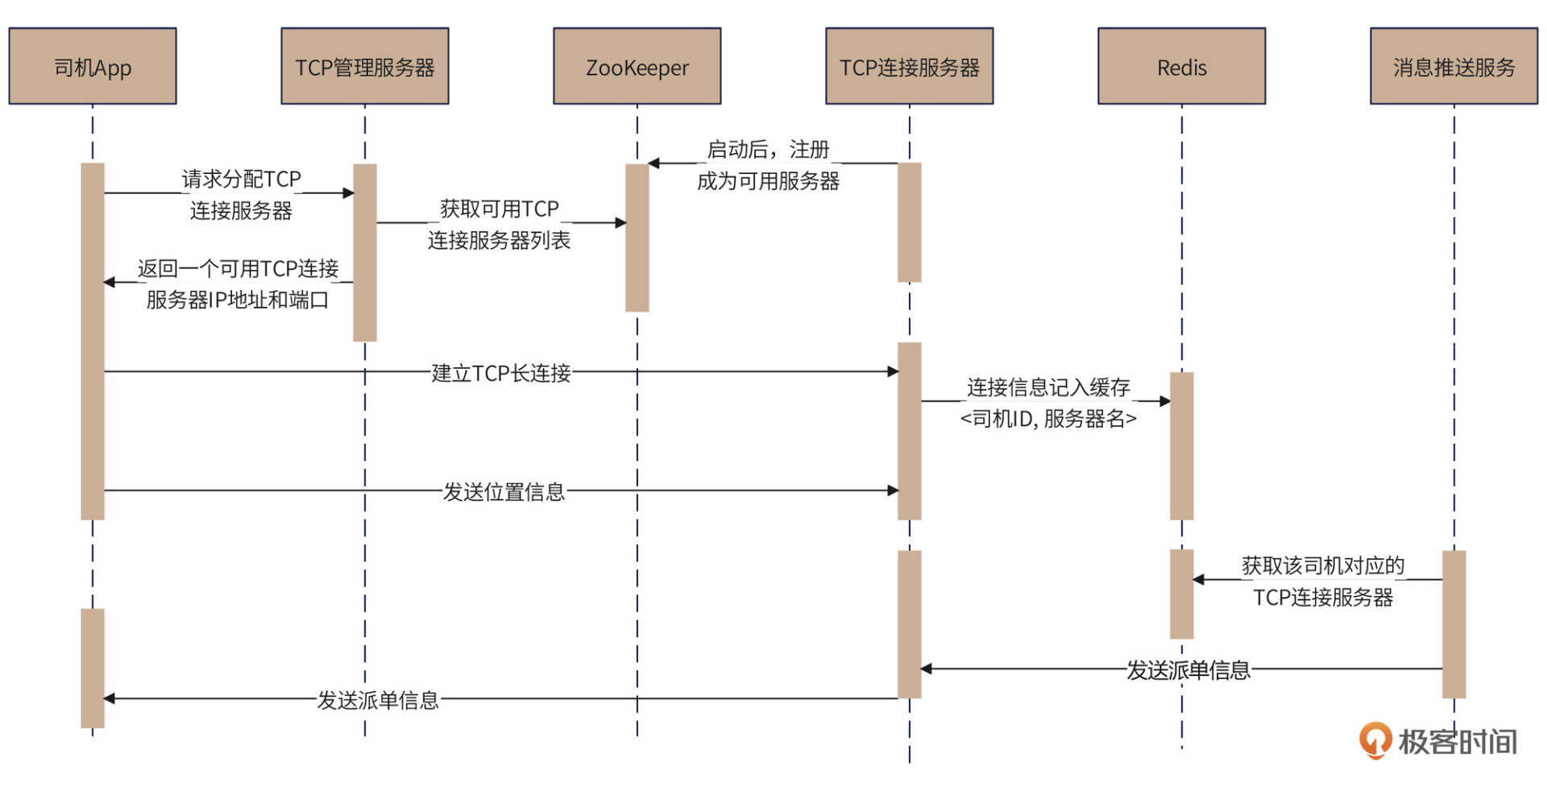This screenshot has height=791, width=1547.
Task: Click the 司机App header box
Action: click(93, 67)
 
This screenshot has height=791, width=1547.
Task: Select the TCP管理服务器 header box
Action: click(364, 67)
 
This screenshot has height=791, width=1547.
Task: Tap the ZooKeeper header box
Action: click(637, 67)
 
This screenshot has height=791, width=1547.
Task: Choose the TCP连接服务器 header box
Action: click(909, 67)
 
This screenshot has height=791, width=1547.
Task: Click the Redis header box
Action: click(1181, 67)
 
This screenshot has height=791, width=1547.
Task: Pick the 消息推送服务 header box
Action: click(1454, 67)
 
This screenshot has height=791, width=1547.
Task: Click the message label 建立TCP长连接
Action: click(501, 373)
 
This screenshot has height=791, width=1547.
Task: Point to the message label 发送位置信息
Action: click(504, 491)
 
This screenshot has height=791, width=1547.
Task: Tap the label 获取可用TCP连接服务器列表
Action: click(499, 225)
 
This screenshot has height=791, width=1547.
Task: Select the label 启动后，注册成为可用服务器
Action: click(768, 165)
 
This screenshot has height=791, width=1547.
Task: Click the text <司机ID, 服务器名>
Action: click(1048, 419)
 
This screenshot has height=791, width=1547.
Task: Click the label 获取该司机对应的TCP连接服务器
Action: click(1322, 581)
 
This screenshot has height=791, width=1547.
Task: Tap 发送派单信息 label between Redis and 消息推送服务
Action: click(1188, 669)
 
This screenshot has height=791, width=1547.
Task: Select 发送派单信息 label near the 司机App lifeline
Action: click(378, 699)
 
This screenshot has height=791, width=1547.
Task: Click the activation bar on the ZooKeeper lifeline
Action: click(637, 238)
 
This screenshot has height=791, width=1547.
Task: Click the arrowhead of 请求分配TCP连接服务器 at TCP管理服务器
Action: click(348, 193)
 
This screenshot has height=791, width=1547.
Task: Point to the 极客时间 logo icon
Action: click(1375, 739)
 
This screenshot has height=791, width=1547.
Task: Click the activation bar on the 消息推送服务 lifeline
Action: click(1454, 624)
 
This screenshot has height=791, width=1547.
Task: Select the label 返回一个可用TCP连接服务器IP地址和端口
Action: click(238, 284)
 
